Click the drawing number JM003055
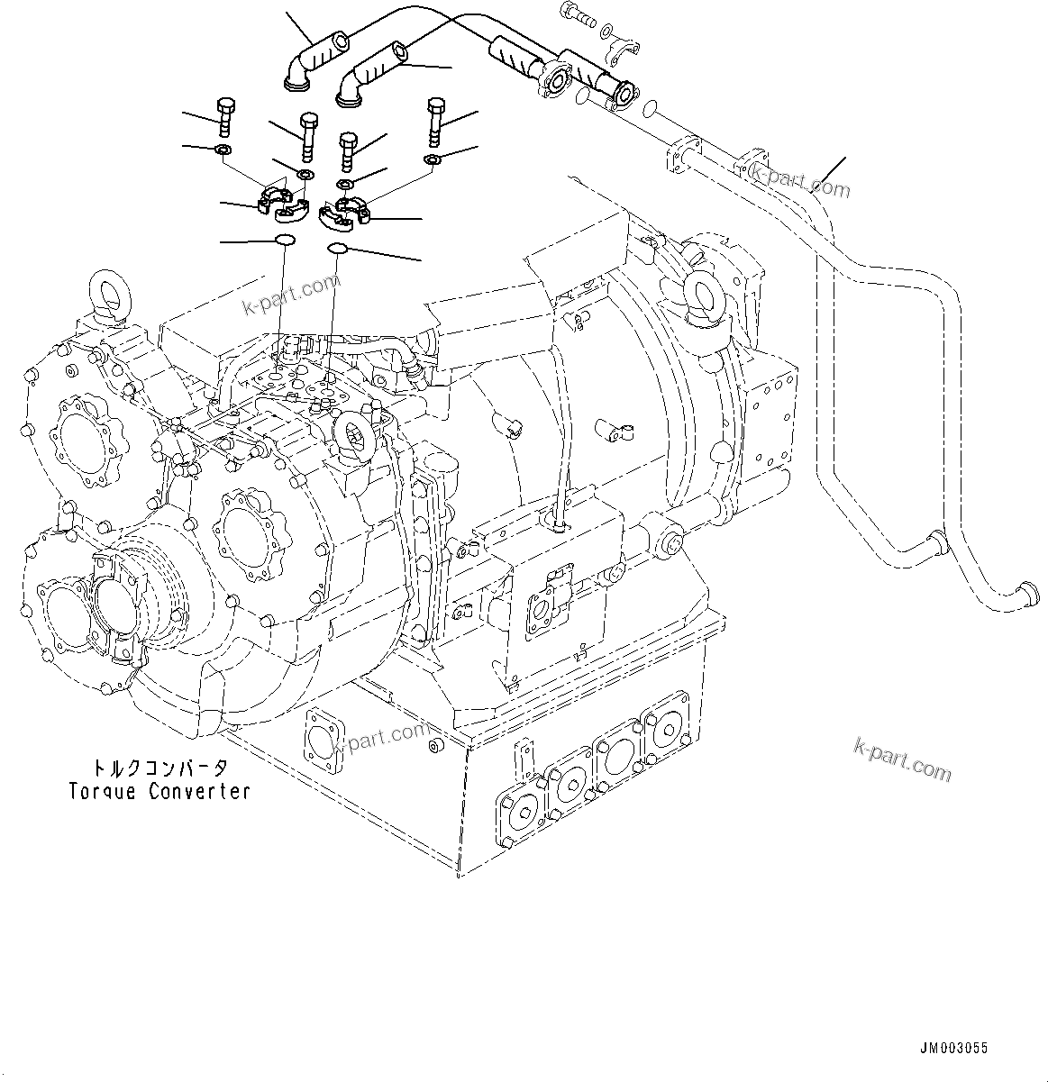point(953,1048)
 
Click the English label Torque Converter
point(159,792)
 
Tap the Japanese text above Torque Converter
point(159,768)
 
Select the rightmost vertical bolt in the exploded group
point(434,117)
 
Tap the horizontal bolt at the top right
point(578,13)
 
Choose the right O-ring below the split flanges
point(338,249)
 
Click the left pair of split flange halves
point(283,202)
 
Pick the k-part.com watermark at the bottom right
point(900,759)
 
